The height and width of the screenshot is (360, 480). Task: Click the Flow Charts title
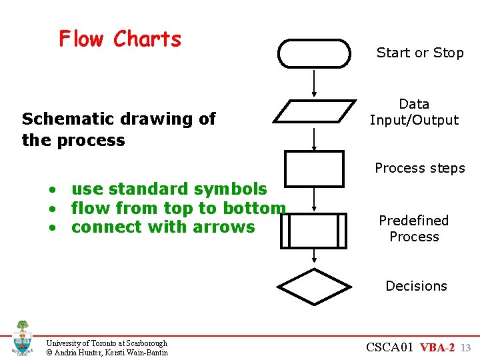click(120, 39)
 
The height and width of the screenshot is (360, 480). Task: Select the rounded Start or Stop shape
click(314, 53)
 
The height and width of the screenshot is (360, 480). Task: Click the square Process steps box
click(314, 168)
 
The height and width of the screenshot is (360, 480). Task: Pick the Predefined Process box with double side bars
click(314, 230)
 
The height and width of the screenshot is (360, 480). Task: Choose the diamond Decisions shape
click(314, 287)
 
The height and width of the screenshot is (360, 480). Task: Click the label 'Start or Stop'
click(420, 53)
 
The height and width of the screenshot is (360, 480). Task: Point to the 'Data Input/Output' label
click(414, 112)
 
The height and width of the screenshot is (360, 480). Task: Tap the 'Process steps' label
click(420, 168)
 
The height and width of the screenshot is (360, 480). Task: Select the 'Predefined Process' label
click(414, 229)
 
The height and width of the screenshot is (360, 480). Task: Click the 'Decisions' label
click(417, 286)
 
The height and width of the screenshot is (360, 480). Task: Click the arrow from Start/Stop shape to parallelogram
click(314, 83)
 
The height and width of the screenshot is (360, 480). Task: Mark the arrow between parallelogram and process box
click(314, 138)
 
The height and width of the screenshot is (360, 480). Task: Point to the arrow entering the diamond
click(314, 257)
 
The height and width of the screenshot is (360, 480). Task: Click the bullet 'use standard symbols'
click(169, 189)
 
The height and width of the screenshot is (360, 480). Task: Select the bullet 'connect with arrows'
click(163, 227)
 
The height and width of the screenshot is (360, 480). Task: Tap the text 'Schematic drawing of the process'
click(119, 129)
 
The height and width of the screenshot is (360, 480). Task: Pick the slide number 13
click(466, 348)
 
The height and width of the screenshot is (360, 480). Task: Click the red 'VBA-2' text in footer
click(437, 347)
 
